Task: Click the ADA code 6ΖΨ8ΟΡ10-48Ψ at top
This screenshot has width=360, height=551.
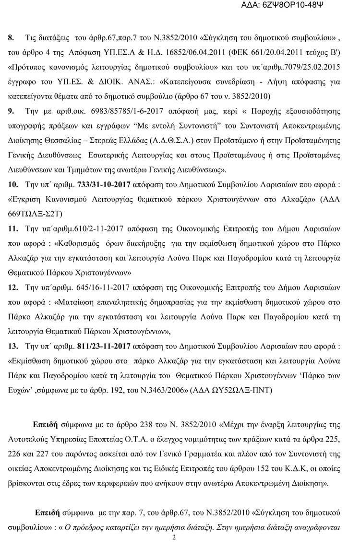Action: click(308, 7)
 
